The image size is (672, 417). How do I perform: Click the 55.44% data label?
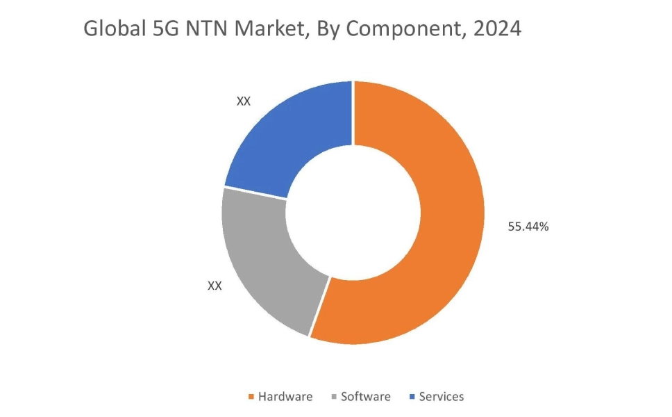pos(528,226)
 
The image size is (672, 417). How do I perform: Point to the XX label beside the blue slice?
pos(243,101)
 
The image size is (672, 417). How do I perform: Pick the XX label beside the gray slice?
pos(215,286)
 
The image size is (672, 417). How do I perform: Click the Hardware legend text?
pos(285,397)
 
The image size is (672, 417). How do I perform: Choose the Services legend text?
pos(442,397)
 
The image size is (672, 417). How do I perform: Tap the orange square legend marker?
pos(251,398)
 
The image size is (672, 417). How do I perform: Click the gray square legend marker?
pos(334,398)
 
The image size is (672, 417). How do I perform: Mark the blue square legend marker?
pos(413,398)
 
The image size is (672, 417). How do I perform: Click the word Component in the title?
pos(407,29)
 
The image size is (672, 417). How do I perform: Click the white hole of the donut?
pos(353,212)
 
